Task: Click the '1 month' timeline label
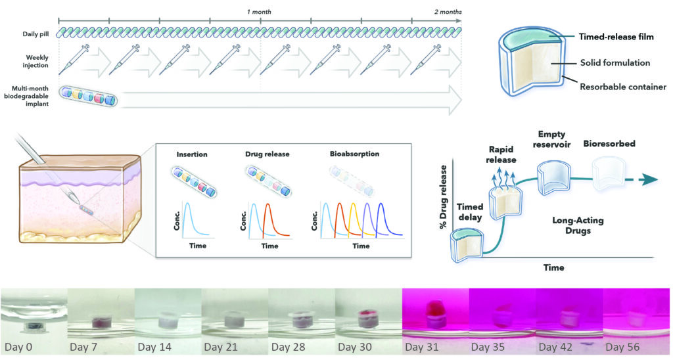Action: [x=259, y=12]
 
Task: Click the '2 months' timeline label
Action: [x=448, y=12]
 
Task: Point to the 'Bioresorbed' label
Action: [x=609, y=143]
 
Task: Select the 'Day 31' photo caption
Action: [x=423, y=345]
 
